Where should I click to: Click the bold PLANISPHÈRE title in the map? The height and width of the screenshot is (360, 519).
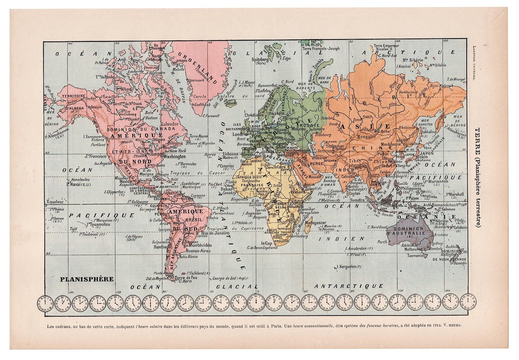(x=87, y=279)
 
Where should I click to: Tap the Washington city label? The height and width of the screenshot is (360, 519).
(x=174, y=156)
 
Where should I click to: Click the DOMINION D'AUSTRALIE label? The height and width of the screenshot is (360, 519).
(x=410, y=231)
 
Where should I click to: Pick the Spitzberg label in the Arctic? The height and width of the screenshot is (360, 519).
(x=260, y=60)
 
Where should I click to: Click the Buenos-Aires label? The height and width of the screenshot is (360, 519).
(x=198, y=251)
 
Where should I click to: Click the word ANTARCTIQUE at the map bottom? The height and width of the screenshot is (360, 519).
(x=348, y=286)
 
